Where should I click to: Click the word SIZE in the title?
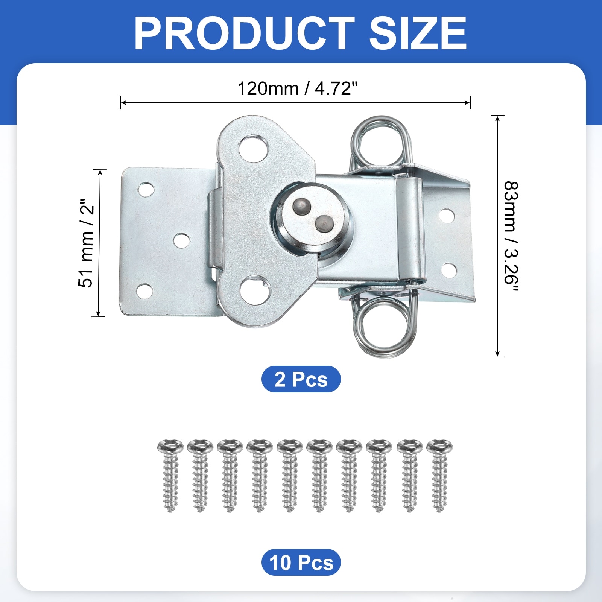418,33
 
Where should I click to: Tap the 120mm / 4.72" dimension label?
297,89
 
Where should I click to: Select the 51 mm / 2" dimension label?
86,243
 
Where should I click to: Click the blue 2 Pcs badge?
301,379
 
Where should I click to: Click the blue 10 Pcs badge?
301,562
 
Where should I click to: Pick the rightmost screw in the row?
439,476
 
